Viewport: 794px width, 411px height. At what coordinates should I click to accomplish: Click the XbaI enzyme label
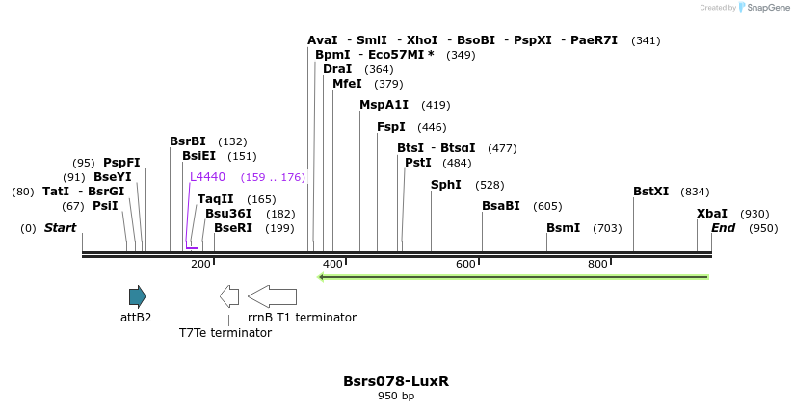(712, 214)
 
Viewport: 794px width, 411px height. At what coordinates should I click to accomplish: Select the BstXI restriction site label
(650, 192)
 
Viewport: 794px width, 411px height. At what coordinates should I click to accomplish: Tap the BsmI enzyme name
(563, 228)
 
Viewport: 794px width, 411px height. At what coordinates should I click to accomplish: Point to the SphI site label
(446, 185)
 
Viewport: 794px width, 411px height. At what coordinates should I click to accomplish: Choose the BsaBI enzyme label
(501, 206)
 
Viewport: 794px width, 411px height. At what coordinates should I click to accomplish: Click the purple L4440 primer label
(207, 177)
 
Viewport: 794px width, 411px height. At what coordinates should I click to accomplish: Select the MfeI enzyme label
(347, 84)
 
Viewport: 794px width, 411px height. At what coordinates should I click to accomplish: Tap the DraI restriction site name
(337, 69)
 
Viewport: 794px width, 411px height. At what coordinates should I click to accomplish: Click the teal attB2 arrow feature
(138, 296)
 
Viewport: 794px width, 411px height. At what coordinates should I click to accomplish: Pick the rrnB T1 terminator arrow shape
(272, 296)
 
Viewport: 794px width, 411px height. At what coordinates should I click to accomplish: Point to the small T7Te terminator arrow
(229, 296)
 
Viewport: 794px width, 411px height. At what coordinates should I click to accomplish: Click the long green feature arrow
(514, 277)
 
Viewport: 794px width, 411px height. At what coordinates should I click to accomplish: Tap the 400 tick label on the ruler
(332, 264)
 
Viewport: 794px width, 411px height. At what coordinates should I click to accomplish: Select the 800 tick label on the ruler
(597, 264)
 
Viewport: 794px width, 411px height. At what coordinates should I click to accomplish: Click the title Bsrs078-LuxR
(396, 381)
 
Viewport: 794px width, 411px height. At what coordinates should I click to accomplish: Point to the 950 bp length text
(396, 397)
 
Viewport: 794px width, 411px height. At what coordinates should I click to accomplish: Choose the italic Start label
(60, 228)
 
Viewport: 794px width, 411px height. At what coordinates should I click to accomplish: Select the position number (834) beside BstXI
(695, 192)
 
